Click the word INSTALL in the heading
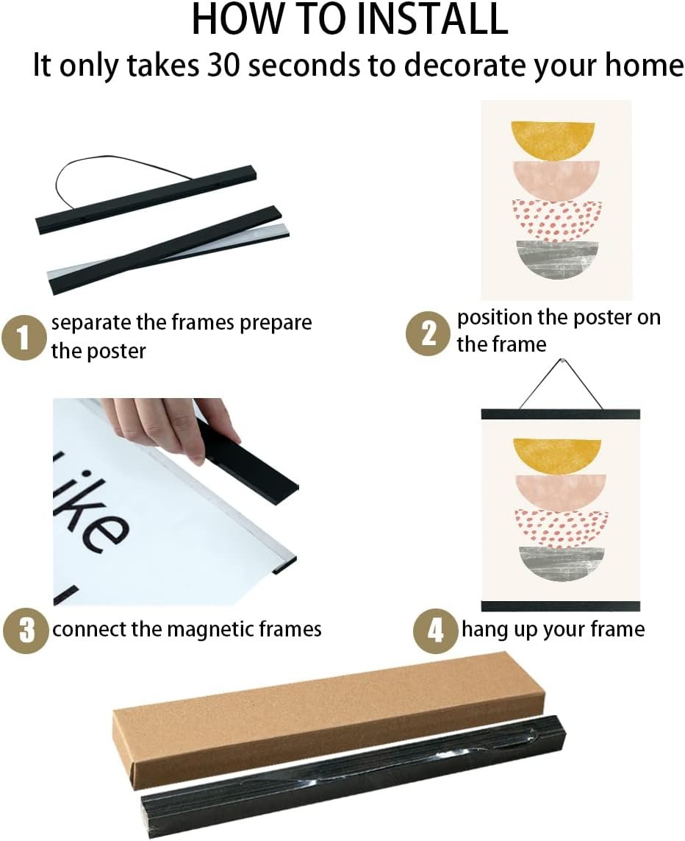click(431, 18)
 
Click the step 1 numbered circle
click(23, 338)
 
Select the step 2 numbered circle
click(427, 333)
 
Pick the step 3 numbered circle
click(25, 631)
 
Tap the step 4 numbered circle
click(435, 631)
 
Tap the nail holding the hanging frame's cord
click(562, 363)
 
